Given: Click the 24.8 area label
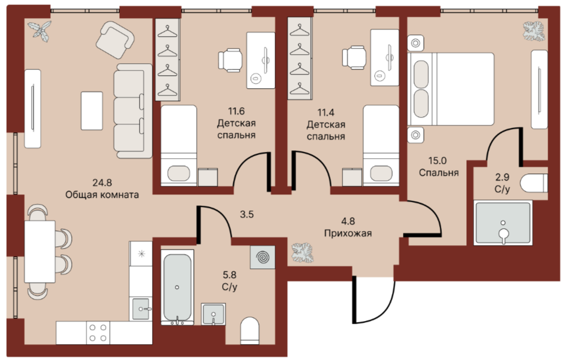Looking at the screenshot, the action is pyautogui.click(x=102, y=183).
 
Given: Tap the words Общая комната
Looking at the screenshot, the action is pyautogui.click(x=102, y=195).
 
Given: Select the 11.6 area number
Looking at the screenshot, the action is pyautogui.click(x=236, y=111).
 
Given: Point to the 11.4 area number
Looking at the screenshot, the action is pyautogui.click(x=326, y=112).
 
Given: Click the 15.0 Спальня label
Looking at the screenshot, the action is pyautogui.click(x=439, y=167).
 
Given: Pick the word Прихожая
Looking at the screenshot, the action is pyautogui.click(x=348, y=233).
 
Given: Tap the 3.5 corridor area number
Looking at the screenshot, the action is pyautogui.click(x=247, y=215).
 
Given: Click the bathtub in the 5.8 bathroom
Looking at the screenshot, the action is pyautogui.click(x=177, y=287).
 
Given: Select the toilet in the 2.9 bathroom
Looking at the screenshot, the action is pyautogui.click(x=534, y=183).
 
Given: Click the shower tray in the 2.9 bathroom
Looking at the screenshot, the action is pyautogui.click(x=503, y=223).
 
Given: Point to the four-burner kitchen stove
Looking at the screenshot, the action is pyautogui.click(x=98, y=332).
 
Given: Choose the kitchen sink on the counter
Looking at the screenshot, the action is pyautogui.click(x=141, y=309).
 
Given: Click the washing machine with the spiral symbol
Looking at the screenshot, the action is pyautogui.click(x=263, y=257).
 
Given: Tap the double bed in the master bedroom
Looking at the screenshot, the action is pyautogui.click(x=451, y=89).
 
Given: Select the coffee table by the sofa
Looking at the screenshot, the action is pyautogui.click(x=92, y=111).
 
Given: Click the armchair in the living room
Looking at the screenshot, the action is pyautogui.click(x=115, y=40).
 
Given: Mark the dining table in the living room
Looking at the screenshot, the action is pyautogui.click(x=40, y=251).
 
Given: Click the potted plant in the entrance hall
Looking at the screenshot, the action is pyautogui.click(x=302, y=253).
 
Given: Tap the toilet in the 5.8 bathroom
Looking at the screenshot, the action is pyautogui.click(x=250, y=330).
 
